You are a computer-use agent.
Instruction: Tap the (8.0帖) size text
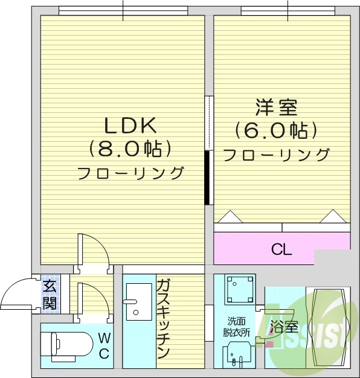tap(130, 147)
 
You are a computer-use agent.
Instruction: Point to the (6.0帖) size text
tap(277, 130)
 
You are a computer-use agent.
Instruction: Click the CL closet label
tap(281, 249)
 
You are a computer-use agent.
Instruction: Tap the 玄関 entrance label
tap(50, 295)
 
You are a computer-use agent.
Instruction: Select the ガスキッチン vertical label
tap(163, 319)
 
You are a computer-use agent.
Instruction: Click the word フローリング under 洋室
tap(277, 155)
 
